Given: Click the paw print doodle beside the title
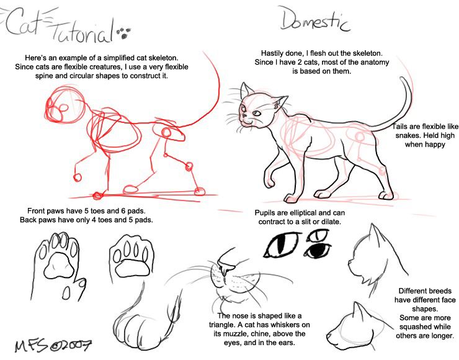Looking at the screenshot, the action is (x=124, y=33).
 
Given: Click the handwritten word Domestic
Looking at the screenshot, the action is (x=314, y=19).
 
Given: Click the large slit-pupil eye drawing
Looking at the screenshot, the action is (x=282, y=245).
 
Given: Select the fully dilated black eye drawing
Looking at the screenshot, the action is (x=318, y=250).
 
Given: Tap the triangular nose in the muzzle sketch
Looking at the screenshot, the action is (x=226, y=268).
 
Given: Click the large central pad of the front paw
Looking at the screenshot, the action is (x=59, y=266).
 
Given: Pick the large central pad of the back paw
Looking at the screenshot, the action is (x=132, y=268).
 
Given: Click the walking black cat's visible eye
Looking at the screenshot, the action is (x=256, y=114).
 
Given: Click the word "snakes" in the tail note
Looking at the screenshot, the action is (x=408, y=136).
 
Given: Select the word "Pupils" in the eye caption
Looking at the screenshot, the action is (x=264, y=213).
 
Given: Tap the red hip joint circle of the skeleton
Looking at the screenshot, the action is (x=166, y=133).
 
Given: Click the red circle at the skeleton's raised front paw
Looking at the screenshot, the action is (x=77, y=178).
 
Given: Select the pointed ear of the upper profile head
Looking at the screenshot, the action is (x=374, y=235).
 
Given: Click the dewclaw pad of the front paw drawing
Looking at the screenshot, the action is (x=67, y=292).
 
